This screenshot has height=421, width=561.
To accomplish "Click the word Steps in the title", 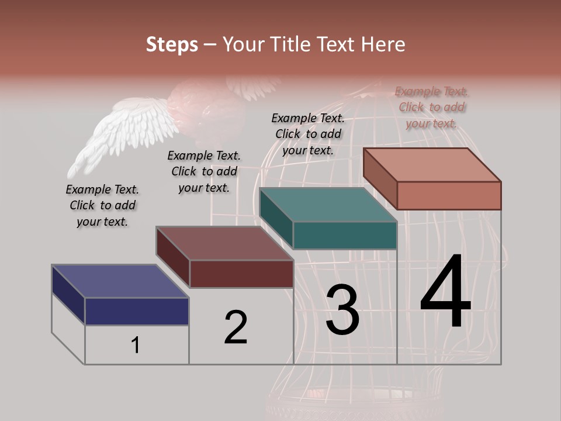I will coord(172,44).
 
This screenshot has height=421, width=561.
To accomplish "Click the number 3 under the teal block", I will coord(342,310).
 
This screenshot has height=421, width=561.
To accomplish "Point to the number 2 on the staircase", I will coord(236,327).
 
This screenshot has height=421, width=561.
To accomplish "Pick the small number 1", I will coord(136,346).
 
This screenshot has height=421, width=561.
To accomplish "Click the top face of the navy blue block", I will coord(120,281).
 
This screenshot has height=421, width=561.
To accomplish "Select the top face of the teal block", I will coord(328,205).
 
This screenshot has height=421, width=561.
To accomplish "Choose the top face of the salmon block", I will coord(432,165).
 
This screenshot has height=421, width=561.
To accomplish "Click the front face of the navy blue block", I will coord(137,311).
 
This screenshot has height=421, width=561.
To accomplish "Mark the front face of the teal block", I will coord(345,235).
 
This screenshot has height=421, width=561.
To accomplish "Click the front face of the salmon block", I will coord(449,195).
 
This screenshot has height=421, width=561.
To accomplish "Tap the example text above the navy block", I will coord(102,206).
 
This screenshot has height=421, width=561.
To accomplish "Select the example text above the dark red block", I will coord(204,172).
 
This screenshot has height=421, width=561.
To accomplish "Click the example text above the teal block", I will coord(308,134).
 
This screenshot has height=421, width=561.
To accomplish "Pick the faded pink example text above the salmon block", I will coord(431,108).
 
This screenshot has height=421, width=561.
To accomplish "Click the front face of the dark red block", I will coord(241,274).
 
